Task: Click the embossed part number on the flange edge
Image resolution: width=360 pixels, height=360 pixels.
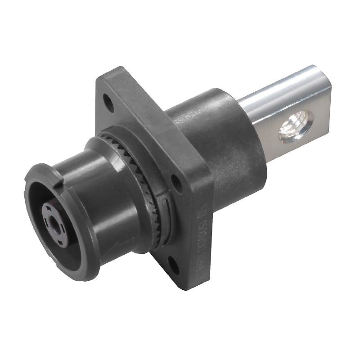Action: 201,238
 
